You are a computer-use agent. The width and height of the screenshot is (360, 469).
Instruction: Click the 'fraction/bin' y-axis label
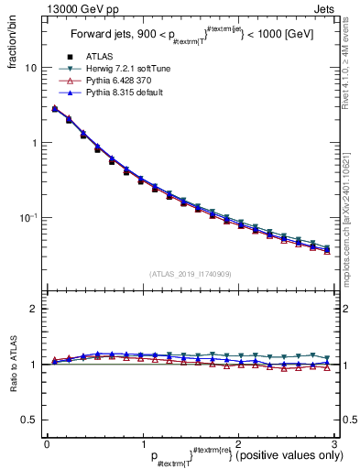tap(12, 41)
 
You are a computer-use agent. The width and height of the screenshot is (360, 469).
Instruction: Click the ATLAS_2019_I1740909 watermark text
tap(191, 274)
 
